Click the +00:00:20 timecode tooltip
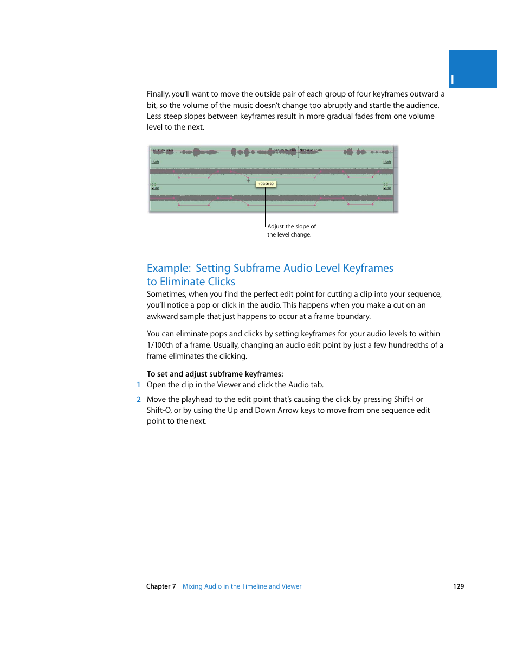click(266, 184)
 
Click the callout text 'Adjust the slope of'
click(292, 226)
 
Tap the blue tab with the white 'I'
click(472, 69)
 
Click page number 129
click(458, 586)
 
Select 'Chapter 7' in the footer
click(161, 586)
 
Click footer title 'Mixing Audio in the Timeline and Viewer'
click(242, 586)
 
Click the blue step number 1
click(139, 385)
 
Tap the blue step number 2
click(139, 399)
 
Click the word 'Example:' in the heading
click(169, 268)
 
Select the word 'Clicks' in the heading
click(221, 282)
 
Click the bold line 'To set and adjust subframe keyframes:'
click(215, 374)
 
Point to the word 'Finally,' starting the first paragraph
click(158, 94)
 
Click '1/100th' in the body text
click(160, 345)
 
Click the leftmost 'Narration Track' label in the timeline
click(162, 150)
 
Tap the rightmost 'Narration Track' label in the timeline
click(311, 150)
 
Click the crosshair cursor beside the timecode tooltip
click(249, 180)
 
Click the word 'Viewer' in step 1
click(229, 385)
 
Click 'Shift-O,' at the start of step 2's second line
click(159, 410)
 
